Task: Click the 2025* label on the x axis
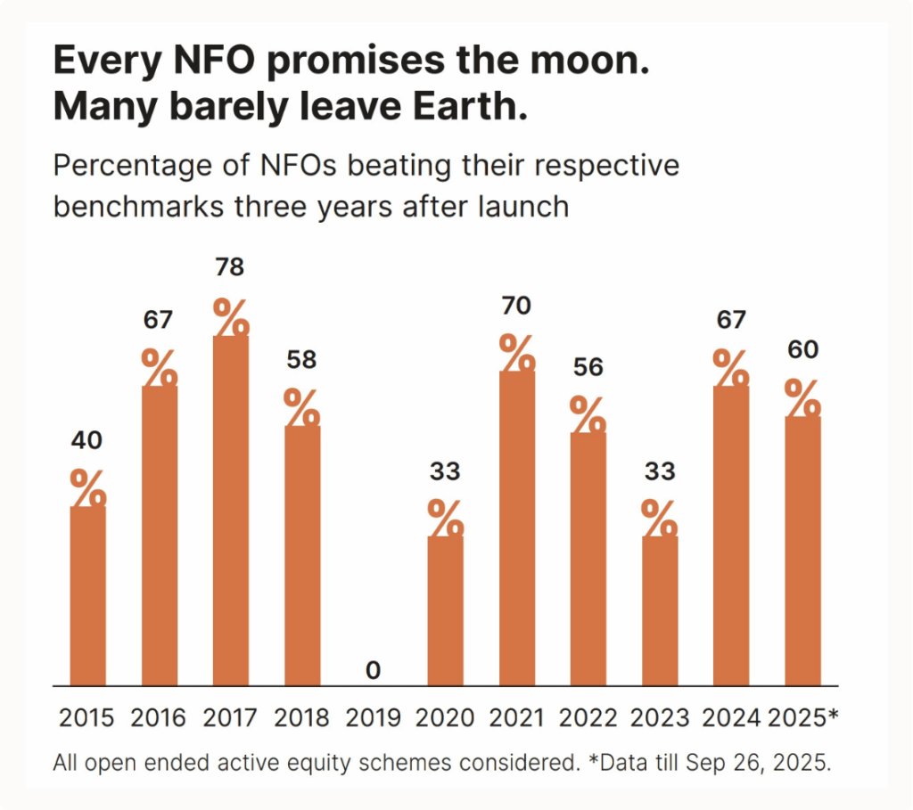[x=802, y=718]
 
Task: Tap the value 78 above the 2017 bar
[x=230, y=267]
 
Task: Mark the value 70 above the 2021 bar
[x=516, y=307]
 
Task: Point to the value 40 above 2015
[x=88, y=440]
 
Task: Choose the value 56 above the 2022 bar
[x=588, y=367]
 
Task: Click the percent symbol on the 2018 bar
[x=302, y=408]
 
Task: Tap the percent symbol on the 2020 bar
[x=445, y=519]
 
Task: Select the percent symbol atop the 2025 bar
[x=802, y=399]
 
